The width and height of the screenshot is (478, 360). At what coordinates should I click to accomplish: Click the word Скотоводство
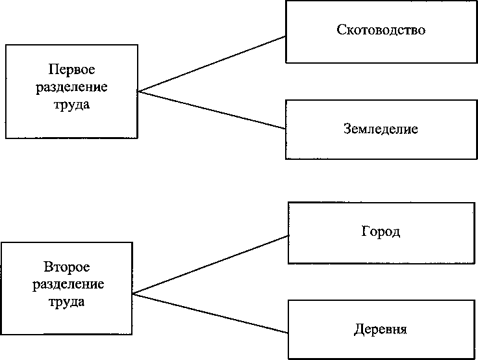click(381, 31)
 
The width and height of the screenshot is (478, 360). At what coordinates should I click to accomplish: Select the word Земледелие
click(381, 129)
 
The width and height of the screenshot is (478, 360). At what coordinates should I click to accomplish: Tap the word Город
click(381, 232)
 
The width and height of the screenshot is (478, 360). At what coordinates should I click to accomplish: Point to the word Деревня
click(381, 329)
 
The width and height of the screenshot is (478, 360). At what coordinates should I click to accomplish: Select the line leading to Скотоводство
click(212, 64)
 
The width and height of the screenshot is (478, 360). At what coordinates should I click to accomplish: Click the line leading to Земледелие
click(212, 110)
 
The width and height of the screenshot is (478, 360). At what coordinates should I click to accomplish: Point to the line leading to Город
click(211, 264)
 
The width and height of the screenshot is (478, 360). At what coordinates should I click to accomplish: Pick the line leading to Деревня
click(211, 313)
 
